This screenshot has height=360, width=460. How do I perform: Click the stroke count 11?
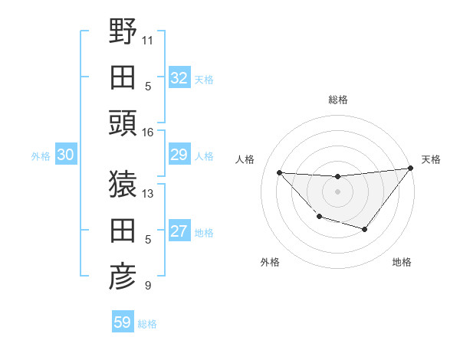coord(148,39)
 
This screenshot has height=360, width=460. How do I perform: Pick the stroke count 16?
coord(148,133)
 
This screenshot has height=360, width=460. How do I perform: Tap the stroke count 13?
coord(148,192)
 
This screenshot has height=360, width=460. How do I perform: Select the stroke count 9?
coord(148,286)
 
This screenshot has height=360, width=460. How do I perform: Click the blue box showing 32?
coord(179,77)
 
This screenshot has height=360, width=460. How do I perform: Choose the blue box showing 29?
coord(179,155)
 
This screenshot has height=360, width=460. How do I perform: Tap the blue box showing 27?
coord(179,231)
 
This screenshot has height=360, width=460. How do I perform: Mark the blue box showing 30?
coord(65,155)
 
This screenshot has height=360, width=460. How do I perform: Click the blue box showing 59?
coord(122,322)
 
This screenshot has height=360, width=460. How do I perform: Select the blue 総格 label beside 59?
coord(147,324)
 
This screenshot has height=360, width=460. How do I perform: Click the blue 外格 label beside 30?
coord(41,156)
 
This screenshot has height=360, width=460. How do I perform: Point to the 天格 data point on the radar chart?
coord(410,169)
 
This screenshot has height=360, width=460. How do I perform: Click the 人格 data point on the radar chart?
coord(279,172)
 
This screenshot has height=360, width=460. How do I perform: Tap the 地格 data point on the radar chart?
coord(365,229)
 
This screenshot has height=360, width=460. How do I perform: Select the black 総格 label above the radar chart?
coord(337,100)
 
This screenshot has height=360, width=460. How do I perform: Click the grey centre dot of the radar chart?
coord(337,191)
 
